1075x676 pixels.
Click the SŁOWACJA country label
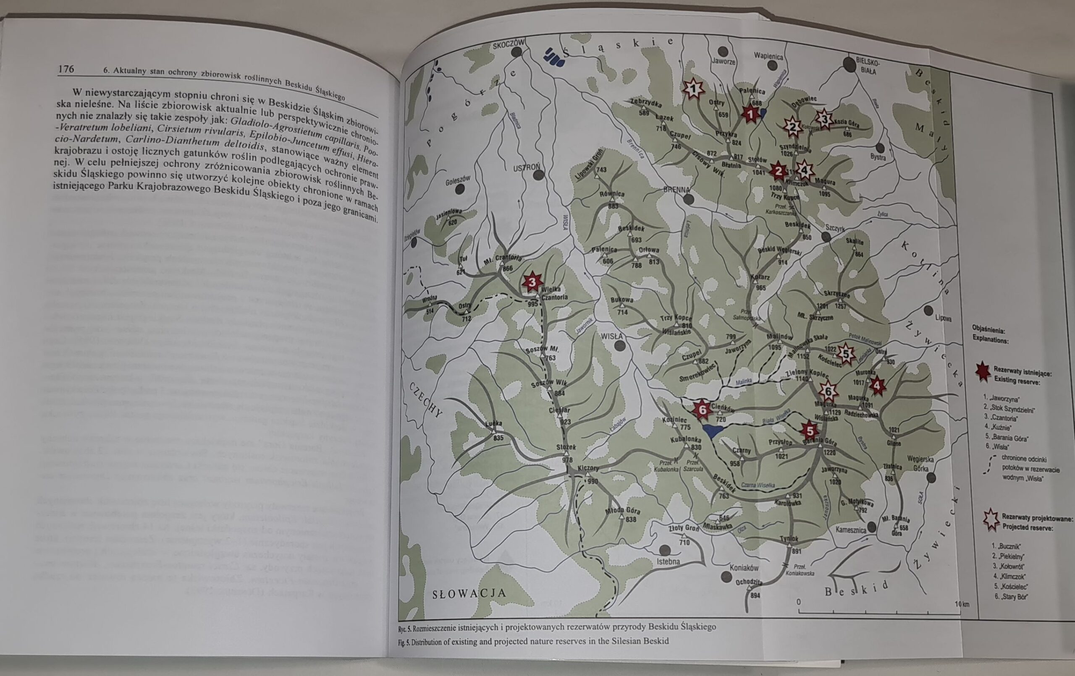469,593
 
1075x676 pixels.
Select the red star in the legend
982,373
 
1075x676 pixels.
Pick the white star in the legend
991,520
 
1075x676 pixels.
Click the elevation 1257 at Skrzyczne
841,307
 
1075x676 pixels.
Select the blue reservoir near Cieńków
847,431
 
